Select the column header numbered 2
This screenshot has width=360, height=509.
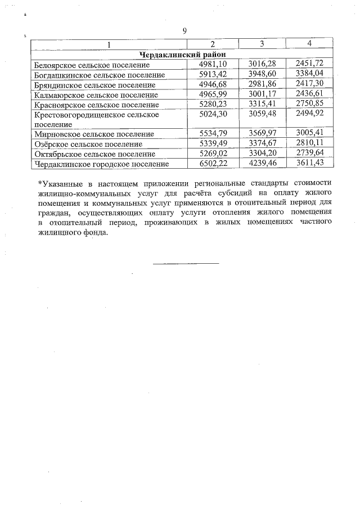(213, 44)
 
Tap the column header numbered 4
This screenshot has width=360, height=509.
(309, 43)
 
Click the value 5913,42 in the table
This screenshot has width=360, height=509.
(213, 74)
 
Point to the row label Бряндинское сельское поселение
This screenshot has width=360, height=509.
(94, 85)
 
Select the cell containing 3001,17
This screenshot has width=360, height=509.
(262, 94)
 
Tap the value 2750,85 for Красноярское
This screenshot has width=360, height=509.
(310, 104)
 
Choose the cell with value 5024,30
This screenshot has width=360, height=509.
(213, 114)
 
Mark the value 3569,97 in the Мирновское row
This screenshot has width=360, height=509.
(262, 134)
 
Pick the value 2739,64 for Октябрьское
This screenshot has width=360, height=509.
(310, 154)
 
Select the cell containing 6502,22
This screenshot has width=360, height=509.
(213, 164)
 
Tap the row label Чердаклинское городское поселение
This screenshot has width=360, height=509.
(101, 164)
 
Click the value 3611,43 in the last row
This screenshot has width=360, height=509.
(310, 164)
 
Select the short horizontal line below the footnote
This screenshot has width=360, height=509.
(186, 263)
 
